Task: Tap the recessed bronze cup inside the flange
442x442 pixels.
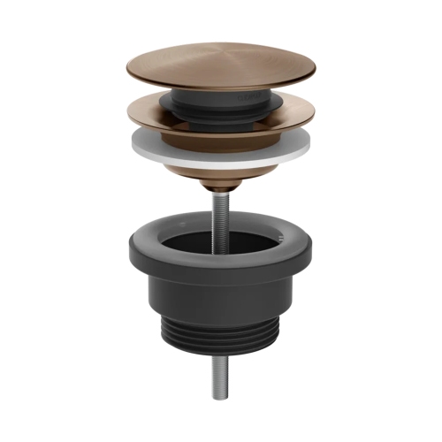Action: [x=221, y=133]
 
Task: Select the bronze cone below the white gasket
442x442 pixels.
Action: [x=221, y=172]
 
